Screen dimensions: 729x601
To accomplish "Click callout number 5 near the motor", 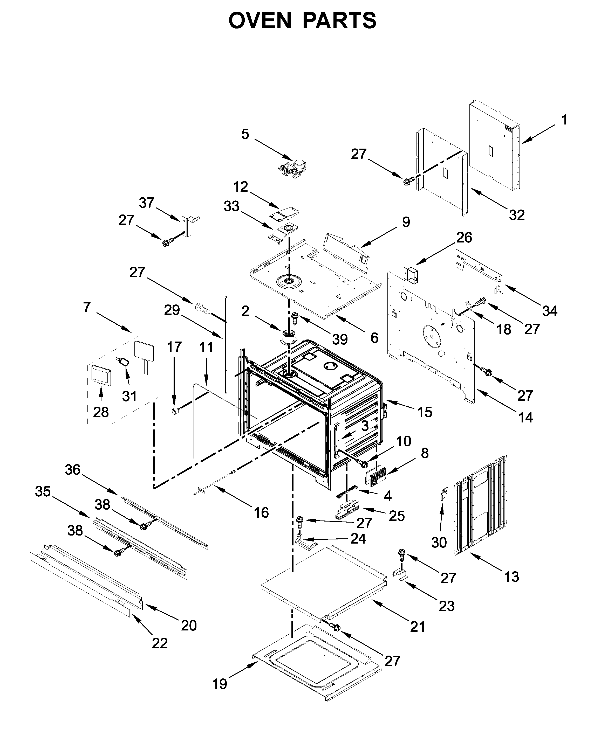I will tap(245, 134).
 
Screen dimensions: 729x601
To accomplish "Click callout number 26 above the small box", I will tap(464, 238).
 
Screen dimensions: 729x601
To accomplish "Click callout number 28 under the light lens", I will tap(101, 412).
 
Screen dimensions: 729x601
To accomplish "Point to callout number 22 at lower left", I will tap(160, 643).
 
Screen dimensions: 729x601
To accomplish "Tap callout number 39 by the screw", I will tap(340, 339).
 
